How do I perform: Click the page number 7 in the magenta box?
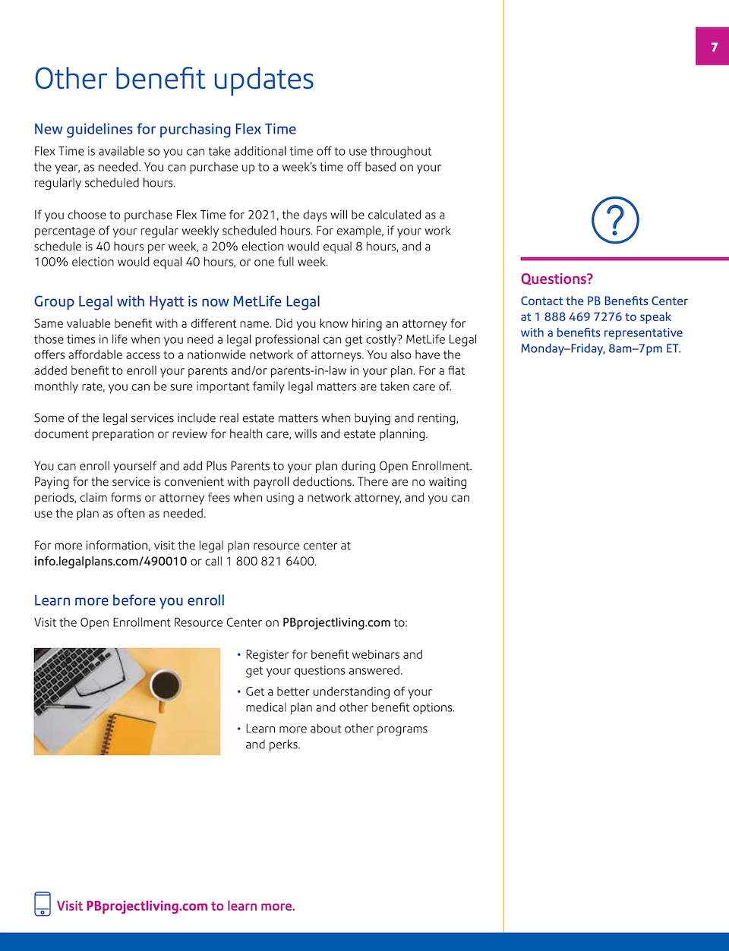[x=714, y=47]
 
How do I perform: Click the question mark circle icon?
[x=615, y=220]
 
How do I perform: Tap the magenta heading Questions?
[x=557, y=279]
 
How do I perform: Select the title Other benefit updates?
[x=174, y=79]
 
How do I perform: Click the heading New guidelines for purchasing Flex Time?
[x=165, y=129]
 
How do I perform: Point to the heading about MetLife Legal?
[x=177, y=301]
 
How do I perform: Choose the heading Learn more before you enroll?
[x=129, y=600]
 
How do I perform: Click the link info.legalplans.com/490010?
[x=110, y=562]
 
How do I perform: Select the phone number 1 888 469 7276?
[x=578, y=317]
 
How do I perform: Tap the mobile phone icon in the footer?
[x=43, y=904]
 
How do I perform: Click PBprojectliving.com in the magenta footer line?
[x=147, y=906]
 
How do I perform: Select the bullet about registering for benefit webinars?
[x=333, y=663]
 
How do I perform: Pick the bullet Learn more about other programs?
[x=336, y=736]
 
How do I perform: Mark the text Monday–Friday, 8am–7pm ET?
[x=601, y=349]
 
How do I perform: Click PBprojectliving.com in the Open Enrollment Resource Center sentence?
[x=336, y=622]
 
